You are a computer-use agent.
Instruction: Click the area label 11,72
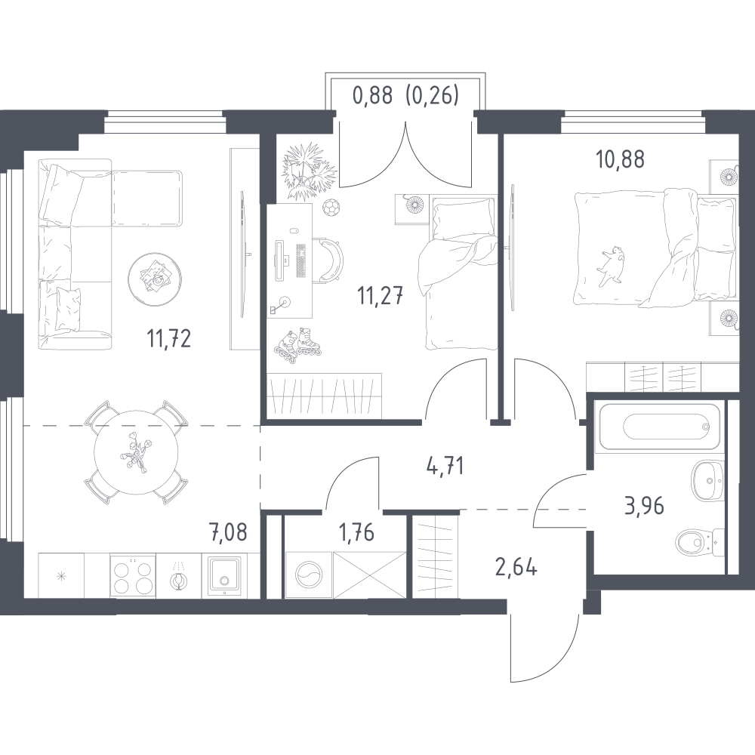click(169, 338)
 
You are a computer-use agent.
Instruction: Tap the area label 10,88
click(620, 159)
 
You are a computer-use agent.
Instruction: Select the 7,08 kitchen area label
click(228, 532)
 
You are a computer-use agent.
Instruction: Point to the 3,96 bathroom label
click(644, 506)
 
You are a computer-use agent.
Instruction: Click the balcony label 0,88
click(373, 96)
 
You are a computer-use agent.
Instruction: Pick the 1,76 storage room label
click(357, 532)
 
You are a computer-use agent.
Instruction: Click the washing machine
click(309, 575)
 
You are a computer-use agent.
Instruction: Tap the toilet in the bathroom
click(700, 543)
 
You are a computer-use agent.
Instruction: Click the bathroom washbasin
click(708, 479)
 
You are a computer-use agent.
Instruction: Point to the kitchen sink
click(224, 577)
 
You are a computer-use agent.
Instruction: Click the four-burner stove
click(133, 575)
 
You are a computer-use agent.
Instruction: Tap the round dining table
click(136, 452)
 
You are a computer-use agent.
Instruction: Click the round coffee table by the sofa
click(155, 279)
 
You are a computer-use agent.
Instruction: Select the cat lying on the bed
click(612, 265)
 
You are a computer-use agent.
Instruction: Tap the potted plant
click(307, 170)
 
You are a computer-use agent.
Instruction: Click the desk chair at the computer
click(331, 260)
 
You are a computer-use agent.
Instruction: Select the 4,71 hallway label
click(445, 466)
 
